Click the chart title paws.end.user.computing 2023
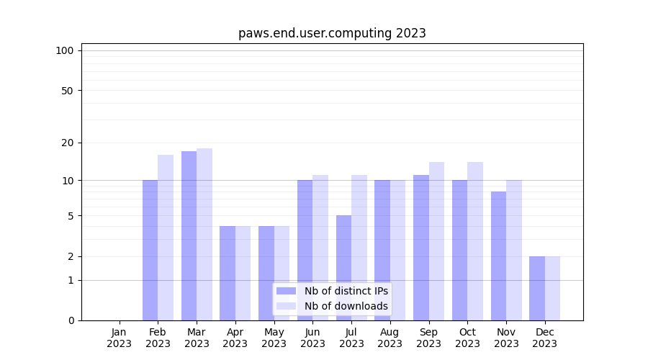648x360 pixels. tap(332, 33)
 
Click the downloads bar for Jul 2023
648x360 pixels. tap(359, 248)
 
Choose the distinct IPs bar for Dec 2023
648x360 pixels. tap(537, 288)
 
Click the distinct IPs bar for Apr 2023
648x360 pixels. tap(228, 273)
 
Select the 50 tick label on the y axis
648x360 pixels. tap(68, 91)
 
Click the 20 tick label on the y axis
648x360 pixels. tap(68, 143)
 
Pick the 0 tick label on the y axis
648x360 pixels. tap(71, 320)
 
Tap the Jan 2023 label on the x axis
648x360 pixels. tap(120, 338)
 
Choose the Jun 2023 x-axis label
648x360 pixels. tap(312, 338)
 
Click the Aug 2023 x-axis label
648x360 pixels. tap(390, 338)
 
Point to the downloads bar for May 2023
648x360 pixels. tap(282, 273)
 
